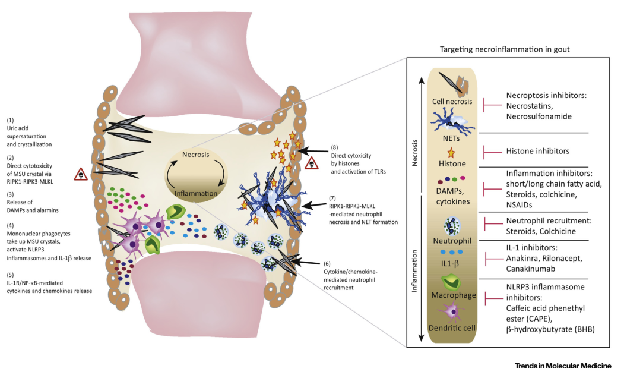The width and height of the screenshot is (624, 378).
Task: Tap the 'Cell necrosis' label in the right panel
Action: pyautogui.click(x=453, y=102)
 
